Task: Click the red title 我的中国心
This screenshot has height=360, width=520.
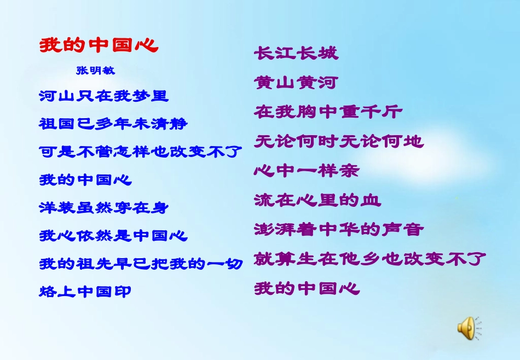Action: click(99, 45)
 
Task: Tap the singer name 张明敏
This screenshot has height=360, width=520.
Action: click(96, 71)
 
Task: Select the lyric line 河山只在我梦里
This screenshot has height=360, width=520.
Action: click(104, 96)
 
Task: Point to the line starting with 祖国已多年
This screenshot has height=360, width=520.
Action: click(113, 124)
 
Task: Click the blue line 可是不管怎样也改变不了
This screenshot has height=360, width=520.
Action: click(141, 151)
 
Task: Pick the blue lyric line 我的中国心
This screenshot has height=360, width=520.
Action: click(85, 179)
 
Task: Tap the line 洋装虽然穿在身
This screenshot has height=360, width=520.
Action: click(104, 207)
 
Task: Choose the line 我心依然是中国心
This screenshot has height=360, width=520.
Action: click(113, 236)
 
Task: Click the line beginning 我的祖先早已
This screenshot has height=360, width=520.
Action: click(141, 264)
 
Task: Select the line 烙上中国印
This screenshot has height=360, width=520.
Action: click(85, 292)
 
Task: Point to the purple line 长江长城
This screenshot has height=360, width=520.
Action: click(296, 54)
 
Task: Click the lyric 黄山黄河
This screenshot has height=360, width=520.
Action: click(296, 83)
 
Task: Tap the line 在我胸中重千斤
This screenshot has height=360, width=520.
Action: click(328, 112)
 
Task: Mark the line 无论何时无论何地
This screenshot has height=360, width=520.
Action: click(339, 142)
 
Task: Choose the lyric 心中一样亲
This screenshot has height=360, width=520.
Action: click(307, 171)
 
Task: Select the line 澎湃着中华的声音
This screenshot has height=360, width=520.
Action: click(339, 229)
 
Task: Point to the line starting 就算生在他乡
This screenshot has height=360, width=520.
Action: click(370, 259)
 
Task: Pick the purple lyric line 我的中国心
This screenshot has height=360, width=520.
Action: click(307, 288)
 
